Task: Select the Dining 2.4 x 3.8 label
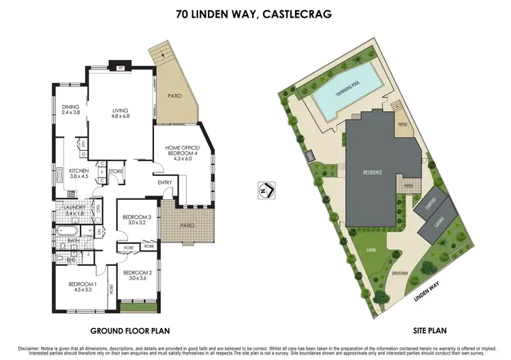pyautogui.click(x=72, y=109)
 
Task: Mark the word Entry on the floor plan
pyautogui.click(x=165, y=182)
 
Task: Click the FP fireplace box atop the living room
pyautogui.click(x=120, y=69)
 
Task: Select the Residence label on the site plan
pyautogui.click(x=371, y=172)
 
